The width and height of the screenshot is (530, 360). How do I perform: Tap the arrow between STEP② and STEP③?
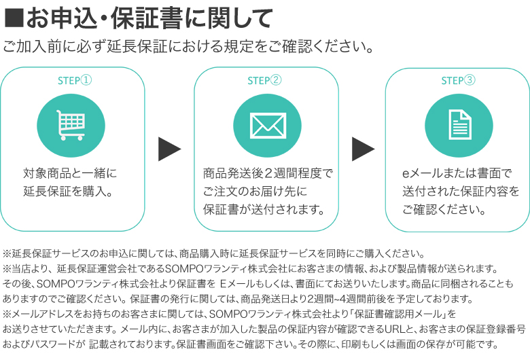(363, 149)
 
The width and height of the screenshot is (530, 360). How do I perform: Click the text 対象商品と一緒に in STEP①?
(70, 173)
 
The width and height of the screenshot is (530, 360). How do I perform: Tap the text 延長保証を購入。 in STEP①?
(67, 191)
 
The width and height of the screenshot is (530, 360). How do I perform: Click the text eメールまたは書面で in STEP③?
(456, 173)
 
